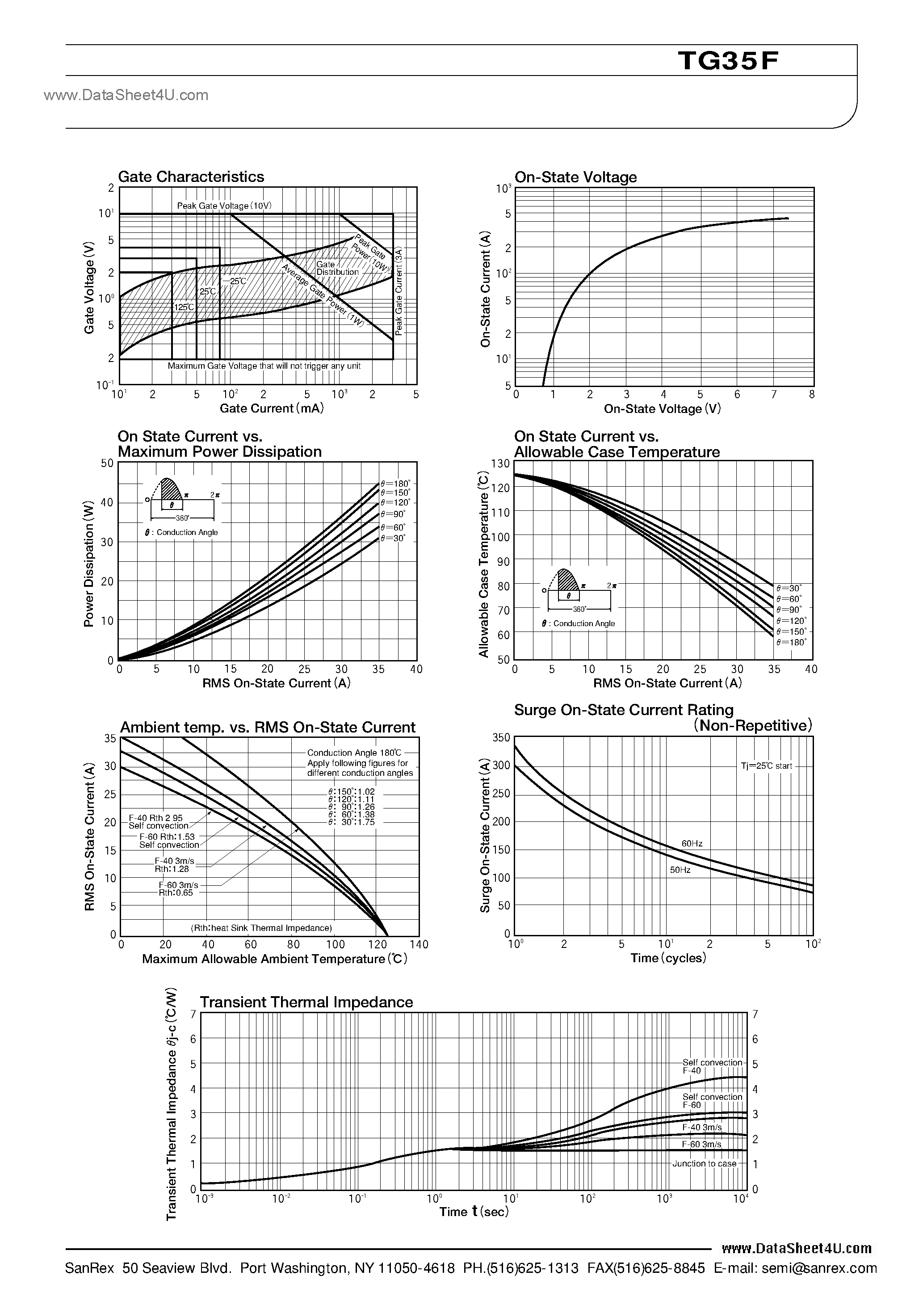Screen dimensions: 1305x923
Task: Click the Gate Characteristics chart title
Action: (x=191, y=177)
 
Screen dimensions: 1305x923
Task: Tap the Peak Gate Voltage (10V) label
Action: (x=225, y=206)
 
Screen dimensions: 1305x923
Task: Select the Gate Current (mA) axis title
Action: (x=272, y=408)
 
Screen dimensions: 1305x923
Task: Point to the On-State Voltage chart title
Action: (x=575, y=177)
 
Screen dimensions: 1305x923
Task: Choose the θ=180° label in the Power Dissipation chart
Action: (x=395, y=483)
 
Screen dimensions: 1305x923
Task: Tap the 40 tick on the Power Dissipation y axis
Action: (x=107, y=502)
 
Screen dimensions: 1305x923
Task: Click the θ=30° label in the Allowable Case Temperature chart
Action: (x=789, y=588)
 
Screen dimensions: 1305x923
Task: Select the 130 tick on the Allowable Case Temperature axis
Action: (x=501, y=464)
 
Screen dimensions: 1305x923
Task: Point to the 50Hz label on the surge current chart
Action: (x=680, y=870)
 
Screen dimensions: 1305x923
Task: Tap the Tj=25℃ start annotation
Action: (x=766, y=766)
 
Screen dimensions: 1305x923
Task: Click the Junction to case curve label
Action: (x=704, y=1163)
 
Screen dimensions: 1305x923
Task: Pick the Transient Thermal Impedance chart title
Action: (x=306, y=1002)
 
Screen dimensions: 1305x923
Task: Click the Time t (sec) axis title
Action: (x=474, y=1212)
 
